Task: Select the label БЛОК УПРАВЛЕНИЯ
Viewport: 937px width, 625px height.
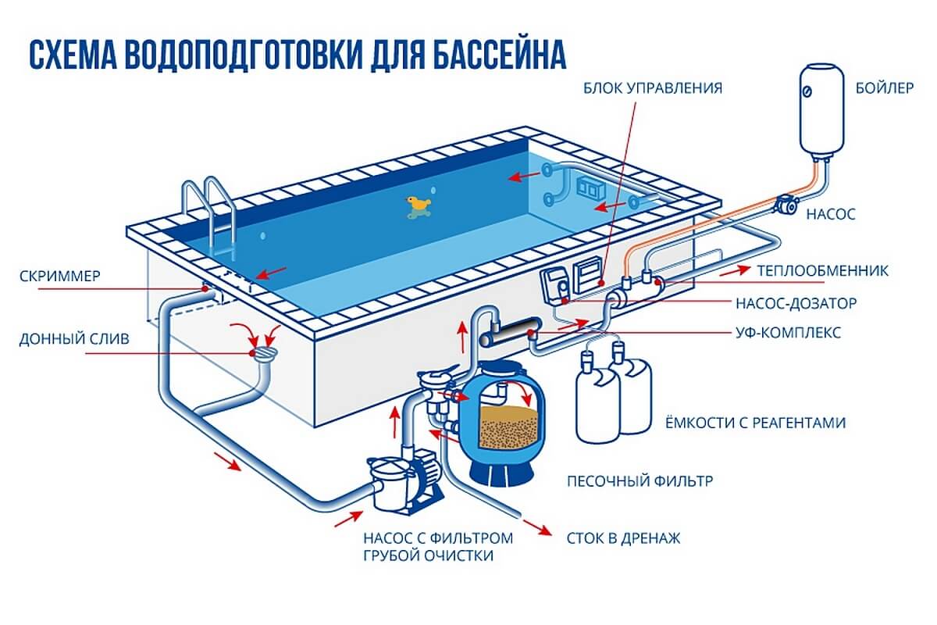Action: (653, 88)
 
